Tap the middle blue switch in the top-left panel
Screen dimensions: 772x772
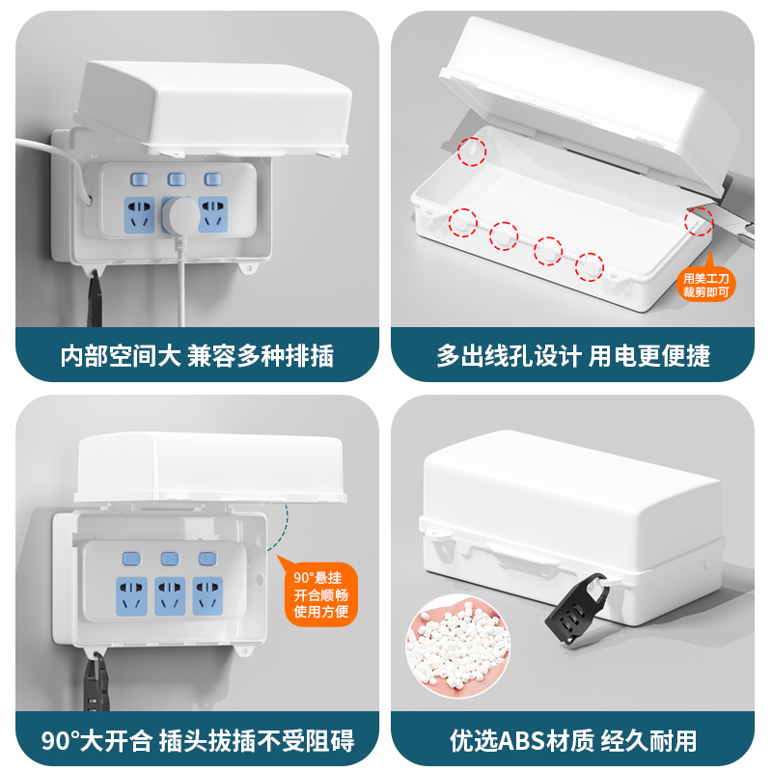point(176,179)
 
